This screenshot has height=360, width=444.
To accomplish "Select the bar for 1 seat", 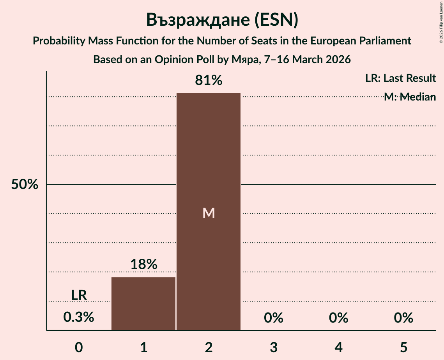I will (143, 304).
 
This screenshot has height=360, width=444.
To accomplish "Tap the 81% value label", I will (209, 81).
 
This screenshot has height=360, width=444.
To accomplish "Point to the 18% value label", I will (143, 265).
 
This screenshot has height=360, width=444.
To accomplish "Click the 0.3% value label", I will (79, 318).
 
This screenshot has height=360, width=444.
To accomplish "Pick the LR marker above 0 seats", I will (79, 295).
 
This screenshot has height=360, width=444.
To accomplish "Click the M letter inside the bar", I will (209, 213).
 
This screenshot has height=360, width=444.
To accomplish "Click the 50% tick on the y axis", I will (25, 185).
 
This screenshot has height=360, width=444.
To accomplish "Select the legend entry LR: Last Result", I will (400, 78).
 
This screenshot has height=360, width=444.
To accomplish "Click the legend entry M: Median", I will (410, 97).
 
